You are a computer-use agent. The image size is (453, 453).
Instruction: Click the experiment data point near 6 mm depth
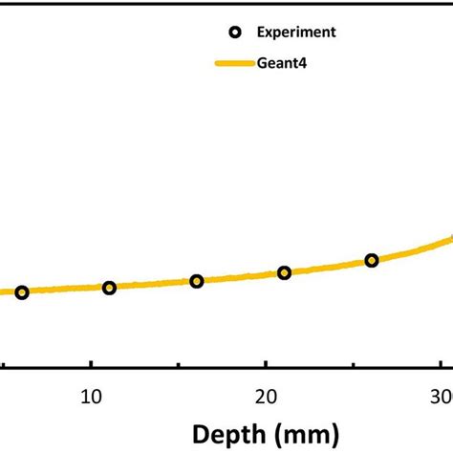pyautogui.click(x=22, y=292)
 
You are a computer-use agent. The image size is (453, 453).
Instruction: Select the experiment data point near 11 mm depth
pyautogui.click(x=109, y=288)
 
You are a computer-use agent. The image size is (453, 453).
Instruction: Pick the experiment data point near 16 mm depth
pyautogui.click(x=197, y=281)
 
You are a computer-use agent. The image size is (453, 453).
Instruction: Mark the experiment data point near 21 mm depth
pyautogui.click(x=284, y=272)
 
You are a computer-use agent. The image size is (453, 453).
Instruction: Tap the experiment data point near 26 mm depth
pyautogui.click(x=372, y=260)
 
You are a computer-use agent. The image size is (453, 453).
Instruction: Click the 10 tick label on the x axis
pyautogui.click(x=91, y=396)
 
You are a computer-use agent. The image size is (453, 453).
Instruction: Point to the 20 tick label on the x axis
pyautogui.click(x=267, y=396)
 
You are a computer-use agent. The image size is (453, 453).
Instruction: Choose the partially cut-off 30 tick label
pyautogui.click(x=442, y=396)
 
